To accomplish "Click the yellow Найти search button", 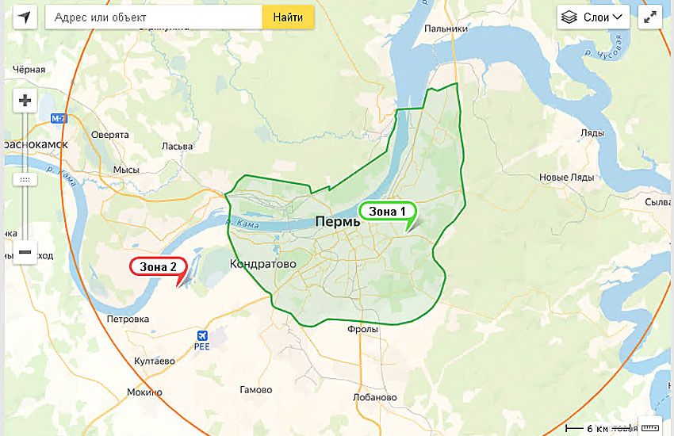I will (288, 17).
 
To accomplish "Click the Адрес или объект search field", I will (154, 17).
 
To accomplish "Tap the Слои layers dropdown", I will (593, 17).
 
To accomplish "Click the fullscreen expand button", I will (649, 17).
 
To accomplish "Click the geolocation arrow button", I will (25, 17).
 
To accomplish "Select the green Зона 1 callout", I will (387, 212).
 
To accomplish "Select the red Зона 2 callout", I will (159, 266).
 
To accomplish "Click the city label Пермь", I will (338, 222).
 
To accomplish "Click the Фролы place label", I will (362, 329).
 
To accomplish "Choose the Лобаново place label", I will (374, 397).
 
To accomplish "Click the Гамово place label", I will (255, 390).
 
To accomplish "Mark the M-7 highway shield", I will (58, 118).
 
